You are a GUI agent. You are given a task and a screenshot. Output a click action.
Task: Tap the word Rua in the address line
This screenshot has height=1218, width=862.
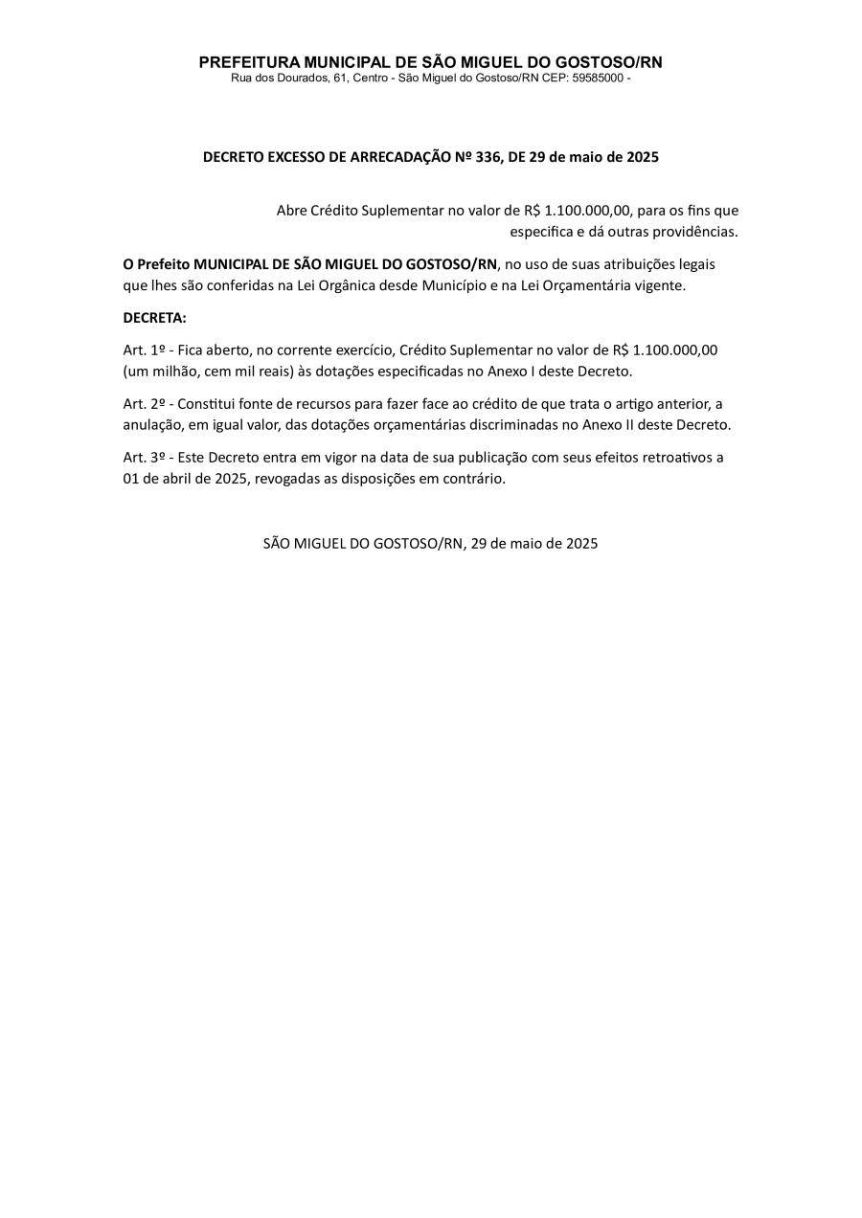[241, 78]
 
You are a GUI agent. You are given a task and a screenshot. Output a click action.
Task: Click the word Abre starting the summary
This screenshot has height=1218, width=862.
[292, 211]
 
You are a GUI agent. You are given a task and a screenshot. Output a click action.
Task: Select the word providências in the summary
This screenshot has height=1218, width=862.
[696, 232]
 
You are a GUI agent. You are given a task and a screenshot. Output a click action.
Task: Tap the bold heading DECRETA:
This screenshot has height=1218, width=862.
[155, 318]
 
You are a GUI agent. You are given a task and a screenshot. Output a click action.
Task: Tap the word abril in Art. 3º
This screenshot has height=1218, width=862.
[176, 478]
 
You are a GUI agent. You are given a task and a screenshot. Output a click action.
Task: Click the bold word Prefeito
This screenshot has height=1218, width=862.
[163, 264]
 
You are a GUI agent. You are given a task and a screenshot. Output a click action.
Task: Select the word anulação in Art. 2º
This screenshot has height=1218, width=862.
[153, 424]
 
